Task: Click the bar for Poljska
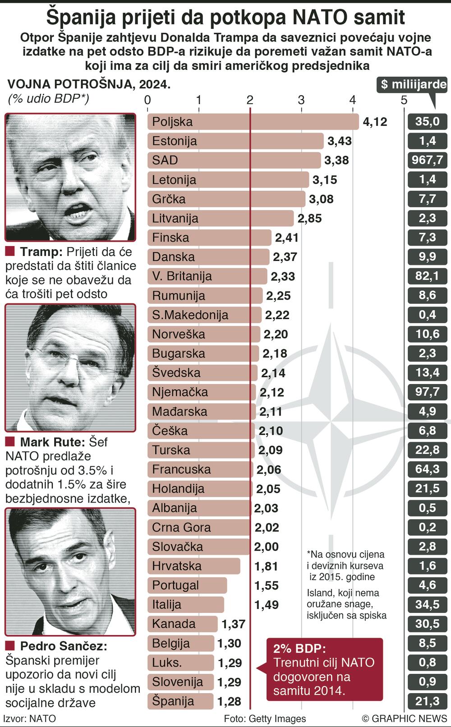[253, 122]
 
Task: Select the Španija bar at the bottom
[180, 701]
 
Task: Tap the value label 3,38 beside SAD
[336, 160]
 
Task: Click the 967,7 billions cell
[427, 160]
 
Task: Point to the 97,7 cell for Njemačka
[427, 392]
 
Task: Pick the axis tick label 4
[352, 100]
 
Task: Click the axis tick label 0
[147, 100]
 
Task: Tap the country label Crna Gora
[181, 527]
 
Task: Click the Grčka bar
[225, 199]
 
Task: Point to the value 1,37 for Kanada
[233, 624]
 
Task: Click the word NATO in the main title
[316, 18]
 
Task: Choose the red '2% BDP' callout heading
[299, 649]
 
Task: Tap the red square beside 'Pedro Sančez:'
[10, 646]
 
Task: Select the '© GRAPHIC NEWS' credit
[404, 718]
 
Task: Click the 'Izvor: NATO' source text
[30, 718]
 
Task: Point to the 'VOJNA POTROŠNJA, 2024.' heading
[89, 84]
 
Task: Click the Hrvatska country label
[177, 566]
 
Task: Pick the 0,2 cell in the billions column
[427, 527]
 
